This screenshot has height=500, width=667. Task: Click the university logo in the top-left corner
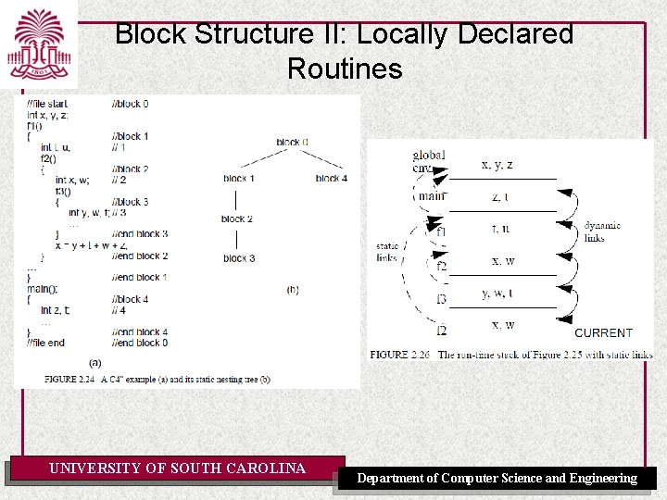tap(39, 44)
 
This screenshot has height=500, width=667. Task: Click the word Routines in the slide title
tap(345, 69)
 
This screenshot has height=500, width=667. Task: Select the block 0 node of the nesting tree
tap(293, 142)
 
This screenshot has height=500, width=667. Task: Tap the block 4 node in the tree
tap(331, 178)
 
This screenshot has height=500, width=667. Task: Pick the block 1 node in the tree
tap(239, 178)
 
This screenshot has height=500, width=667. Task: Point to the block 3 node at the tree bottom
tap(239, 258)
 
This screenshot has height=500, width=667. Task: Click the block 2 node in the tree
tap(237, 219)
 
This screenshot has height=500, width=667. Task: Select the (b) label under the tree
tap(293, 290)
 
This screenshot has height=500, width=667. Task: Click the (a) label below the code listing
tap(95, 362)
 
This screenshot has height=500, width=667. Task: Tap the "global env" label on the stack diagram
tap(429, 161)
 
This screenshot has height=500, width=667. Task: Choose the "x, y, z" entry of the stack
tap(497, 165)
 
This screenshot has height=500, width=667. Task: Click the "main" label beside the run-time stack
tap(432, 196)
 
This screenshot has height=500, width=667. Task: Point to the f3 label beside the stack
tap(441, 299)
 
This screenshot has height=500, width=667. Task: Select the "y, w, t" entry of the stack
tap(497, 294)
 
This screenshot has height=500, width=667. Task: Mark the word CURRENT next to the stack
tap(604, 332)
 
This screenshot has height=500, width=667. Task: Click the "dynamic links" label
tap(601, 231)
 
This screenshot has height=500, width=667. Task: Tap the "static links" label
tap(387, 252)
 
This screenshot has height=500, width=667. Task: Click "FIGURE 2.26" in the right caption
tap(401, 355)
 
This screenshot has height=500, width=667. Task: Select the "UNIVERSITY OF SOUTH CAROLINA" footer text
tap(177, 469)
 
